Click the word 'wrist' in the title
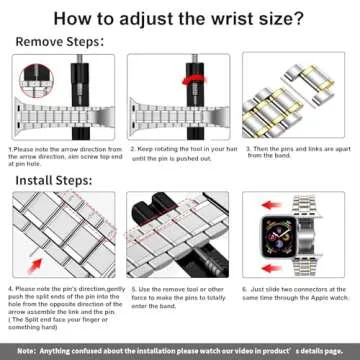[216, 18]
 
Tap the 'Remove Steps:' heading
[61, 42]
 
